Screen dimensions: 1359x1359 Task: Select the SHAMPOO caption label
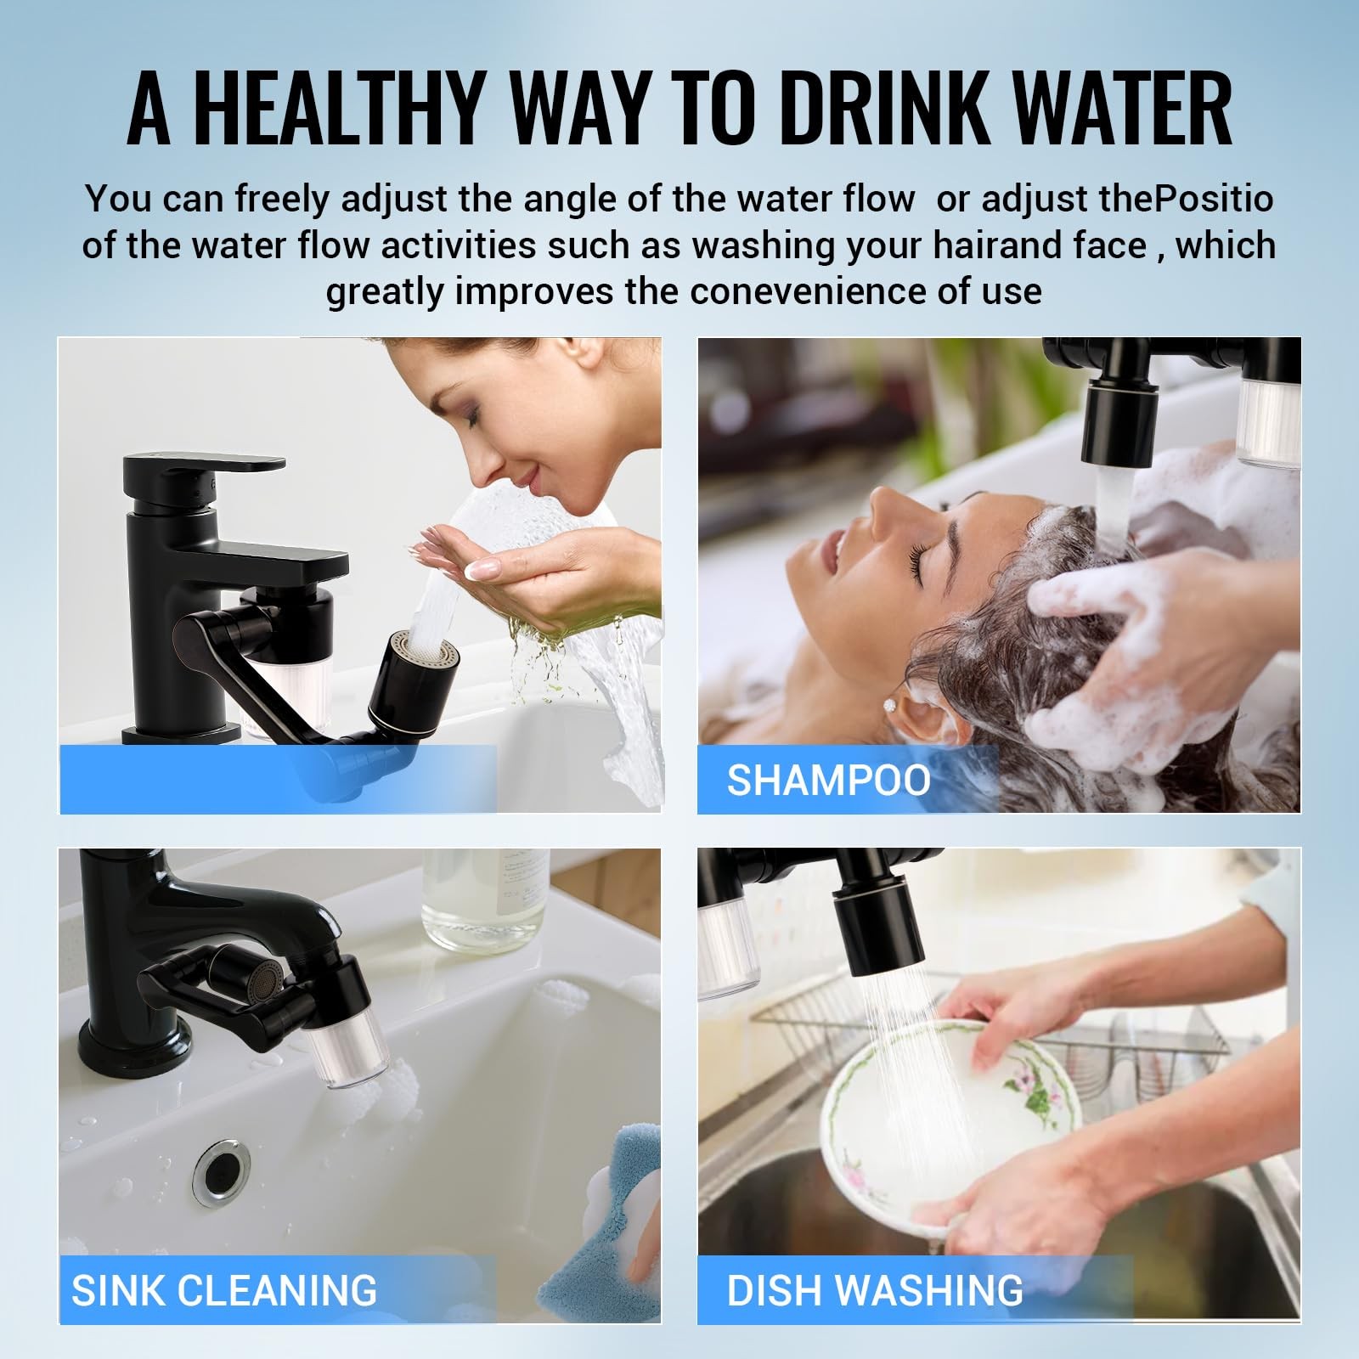click(828, 780)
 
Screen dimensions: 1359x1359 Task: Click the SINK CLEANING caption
click(224, 1290)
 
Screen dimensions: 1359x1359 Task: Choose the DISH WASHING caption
click(875, 1290)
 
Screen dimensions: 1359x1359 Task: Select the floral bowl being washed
click(947, 1121)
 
